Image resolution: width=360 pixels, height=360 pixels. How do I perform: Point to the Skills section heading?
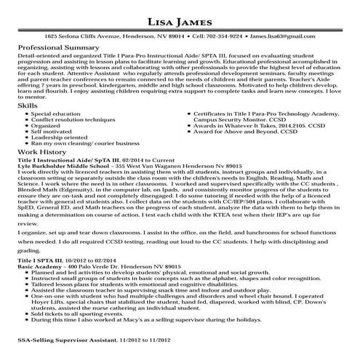click(x=28, y=106)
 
